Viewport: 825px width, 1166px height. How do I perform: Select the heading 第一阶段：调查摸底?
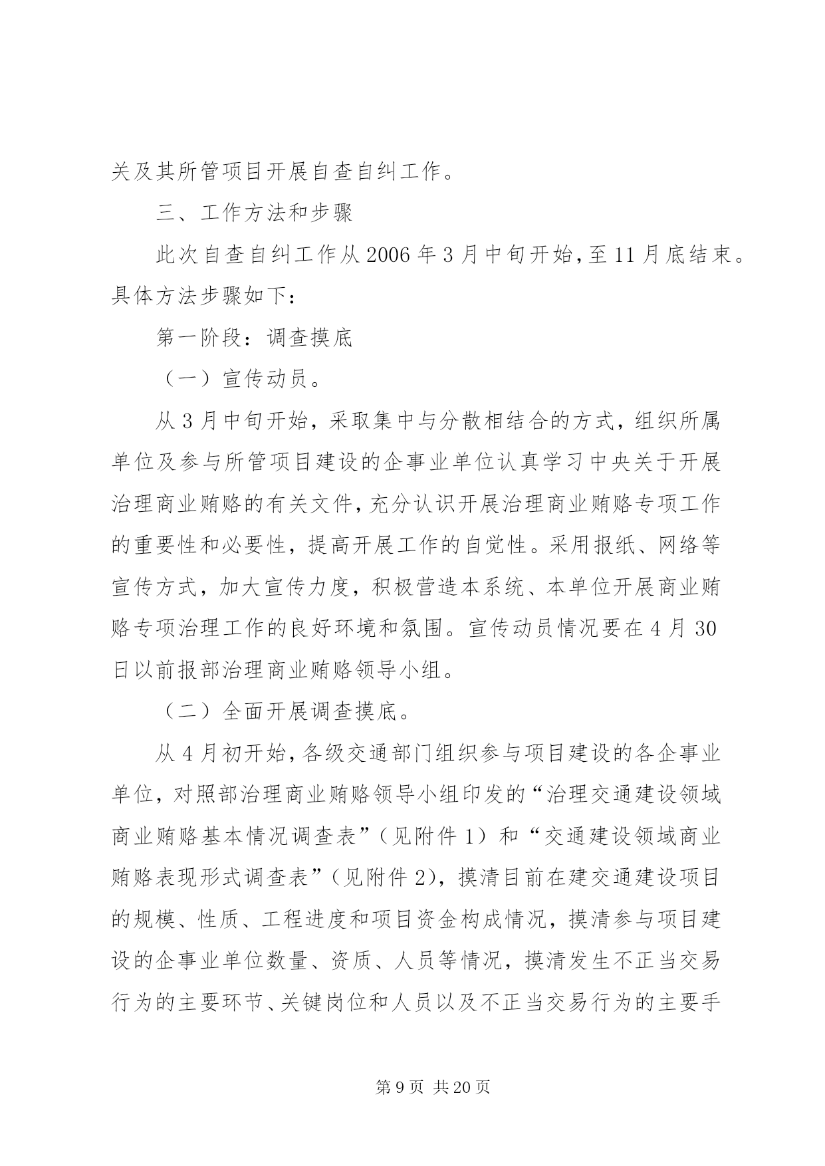pyautogui.click(x=253, y=338)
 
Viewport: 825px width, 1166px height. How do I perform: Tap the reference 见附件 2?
pyautogui.click(x=390, y=877)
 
